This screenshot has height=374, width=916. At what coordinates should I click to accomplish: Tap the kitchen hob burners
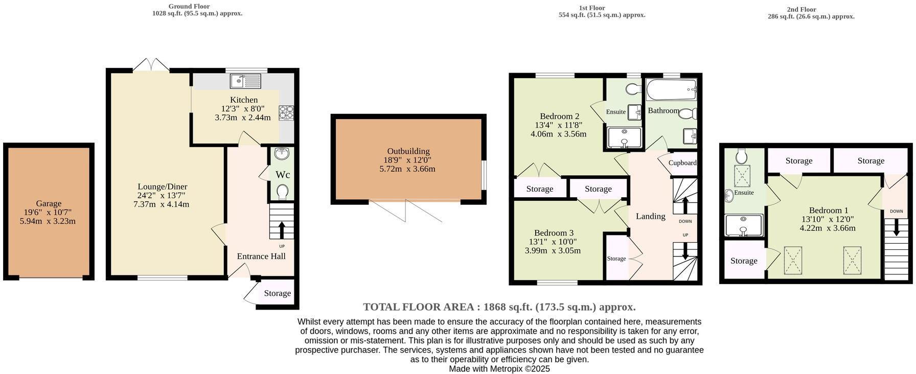click(x=286, y=112)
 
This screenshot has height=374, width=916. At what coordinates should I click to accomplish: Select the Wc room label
click(x=283, y=175)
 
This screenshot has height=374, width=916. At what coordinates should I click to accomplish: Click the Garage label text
click(x=49, y=203)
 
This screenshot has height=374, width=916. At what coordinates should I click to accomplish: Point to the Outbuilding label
click(x=408, y=151)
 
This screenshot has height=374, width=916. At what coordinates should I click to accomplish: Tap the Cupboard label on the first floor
click(x=682, y=163)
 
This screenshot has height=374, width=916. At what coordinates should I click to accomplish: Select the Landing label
click(x=650, y=216)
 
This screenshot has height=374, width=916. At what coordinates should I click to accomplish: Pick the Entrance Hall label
click(x=261, y=256)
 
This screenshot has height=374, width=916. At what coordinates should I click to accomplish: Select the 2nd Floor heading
click(x=801, y=9)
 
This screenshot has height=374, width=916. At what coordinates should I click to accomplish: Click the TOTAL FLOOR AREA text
click(x=499, y=307)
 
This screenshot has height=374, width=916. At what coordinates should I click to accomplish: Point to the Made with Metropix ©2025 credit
click(x=499, y=368)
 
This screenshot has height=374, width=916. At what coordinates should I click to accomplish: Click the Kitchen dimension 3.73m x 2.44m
click(x=243, y=118)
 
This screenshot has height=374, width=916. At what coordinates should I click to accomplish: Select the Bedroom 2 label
click(x=559, y=116)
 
